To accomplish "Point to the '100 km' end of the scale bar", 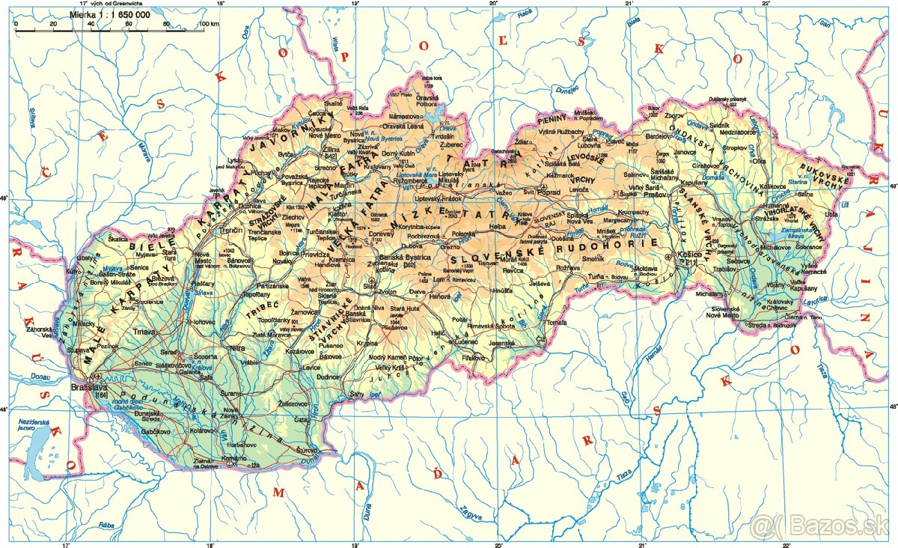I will [210, 24].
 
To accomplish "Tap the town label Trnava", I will [143, 332].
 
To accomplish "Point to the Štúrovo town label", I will [305, 450].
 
